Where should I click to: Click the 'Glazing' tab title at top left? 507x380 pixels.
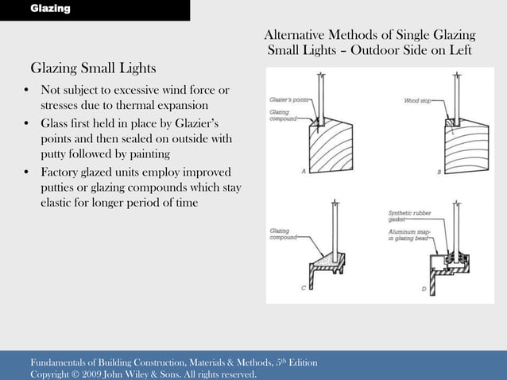coord(50,9)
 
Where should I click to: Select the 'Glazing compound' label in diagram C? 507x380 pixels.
coord(284,234)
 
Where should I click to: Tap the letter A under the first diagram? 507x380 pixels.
coord(303,172)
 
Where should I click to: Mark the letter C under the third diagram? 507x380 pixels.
coord(303,288)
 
